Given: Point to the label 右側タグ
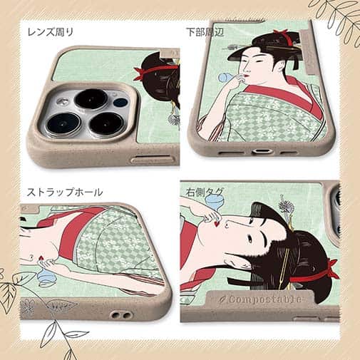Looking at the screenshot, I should (x=205, y=192).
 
